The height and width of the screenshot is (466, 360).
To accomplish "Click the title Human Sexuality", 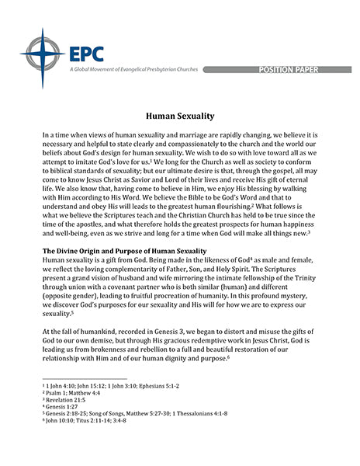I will click(179, 116).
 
